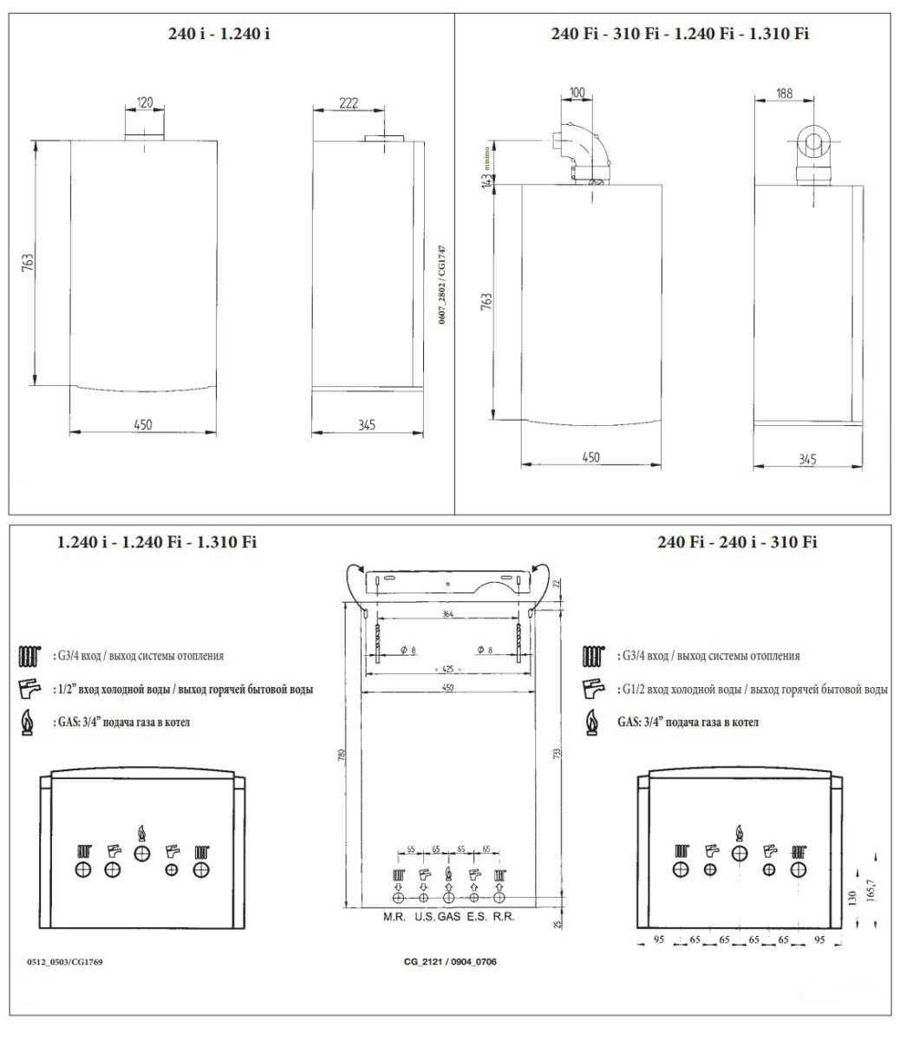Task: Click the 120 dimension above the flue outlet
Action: pyautogui.click(x=145, y=102)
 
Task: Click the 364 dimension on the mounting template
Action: pyautogui.click(x=447, y=614)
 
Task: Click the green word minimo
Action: pyautogui.click(x=487, y=155)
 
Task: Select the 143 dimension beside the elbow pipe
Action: pyautogui.click(x=488, y=180)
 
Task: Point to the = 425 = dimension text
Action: pyautogui.click(x=447, y=669)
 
